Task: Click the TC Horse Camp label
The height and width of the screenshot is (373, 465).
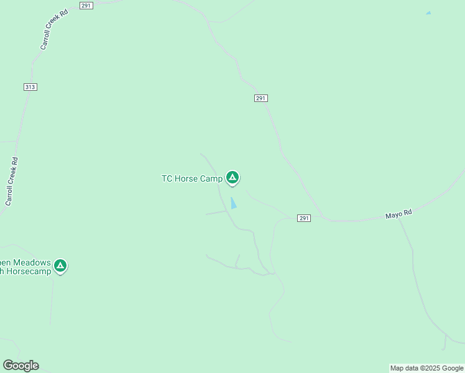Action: click(x=192, y=179)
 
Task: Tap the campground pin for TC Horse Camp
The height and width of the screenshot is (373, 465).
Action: click(x=233, y=178)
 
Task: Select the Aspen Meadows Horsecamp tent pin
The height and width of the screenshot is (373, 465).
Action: click(x=60, y=266)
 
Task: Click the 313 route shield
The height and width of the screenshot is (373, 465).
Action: click(x=30, y=87)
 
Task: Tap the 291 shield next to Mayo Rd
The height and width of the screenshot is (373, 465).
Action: click(x=303, y=218)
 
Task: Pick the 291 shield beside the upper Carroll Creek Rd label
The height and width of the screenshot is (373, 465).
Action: click(x=86, y=6)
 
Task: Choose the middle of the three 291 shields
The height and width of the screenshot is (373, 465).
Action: click(x=261, y=98)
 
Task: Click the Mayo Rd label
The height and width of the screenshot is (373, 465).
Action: click(x=398, y=214)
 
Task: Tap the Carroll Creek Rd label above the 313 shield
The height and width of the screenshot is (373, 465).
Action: click(x=53, y=30)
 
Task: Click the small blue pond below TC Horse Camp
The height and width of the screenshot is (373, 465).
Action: click(x=233, y=203)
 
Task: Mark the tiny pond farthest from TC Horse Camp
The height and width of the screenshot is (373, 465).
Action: click(x=428, y=13)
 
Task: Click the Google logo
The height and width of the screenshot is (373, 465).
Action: click(x=21, y=366)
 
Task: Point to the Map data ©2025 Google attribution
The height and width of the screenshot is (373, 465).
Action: click(x=426, y=368)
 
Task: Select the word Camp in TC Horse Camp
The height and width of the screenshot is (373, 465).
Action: click(x=211, y=179)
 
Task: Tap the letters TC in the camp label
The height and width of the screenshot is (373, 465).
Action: click(x=167, y=179)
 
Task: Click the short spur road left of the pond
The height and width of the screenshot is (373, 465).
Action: click(x=216, y=213)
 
